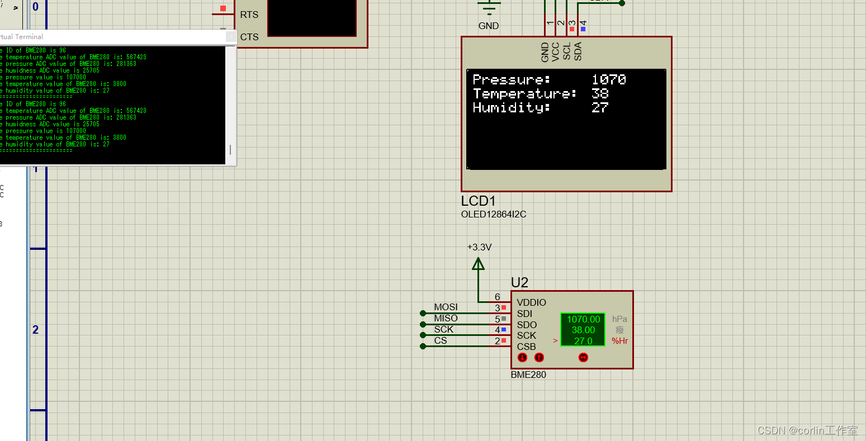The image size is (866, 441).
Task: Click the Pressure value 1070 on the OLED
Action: pyautogui.click(x=608, y=79)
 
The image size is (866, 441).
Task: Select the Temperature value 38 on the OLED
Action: pyautogui.click(x=600, y=93)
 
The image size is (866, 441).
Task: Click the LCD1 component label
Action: pyautogui.click(x=478, y=201)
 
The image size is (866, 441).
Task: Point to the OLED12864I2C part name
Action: pyautogui.click(x=493, y=214)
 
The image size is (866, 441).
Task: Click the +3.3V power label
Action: pyautogui.click(x=479, y=247)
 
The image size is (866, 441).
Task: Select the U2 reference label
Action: pyautogui.click(x=519, y=283)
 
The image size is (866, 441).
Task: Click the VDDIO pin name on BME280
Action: pyautogui.click(x=531, y=302)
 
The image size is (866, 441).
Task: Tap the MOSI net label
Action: pyautogui.click(x=446, y=307)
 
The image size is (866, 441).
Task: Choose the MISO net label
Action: pyautogui.click(x=446, y=318)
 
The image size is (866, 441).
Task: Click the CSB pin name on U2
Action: pyautogui.click(x=526, y=347)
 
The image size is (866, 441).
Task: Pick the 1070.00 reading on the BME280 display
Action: pyautogui.click(x=583, y=319)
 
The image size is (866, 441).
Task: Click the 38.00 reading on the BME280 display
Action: pyautogui.click(x=583, y=330)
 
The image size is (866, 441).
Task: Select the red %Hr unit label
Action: pyautogui.click(x=619, y=340)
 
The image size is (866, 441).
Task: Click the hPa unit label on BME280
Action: pyautogui.click(x=619, y=319)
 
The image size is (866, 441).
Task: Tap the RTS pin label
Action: pyautogui.click(x=249, y=15)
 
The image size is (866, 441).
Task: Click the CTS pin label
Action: pyautogui.click(x=249, y=37)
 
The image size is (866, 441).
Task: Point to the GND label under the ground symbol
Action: pyautogui.click(x=488, y=26)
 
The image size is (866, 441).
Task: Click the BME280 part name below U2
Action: pyautogui.click(x=528, y=374)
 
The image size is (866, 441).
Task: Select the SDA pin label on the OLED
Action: pyautogui.click(x=578, y=51)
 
